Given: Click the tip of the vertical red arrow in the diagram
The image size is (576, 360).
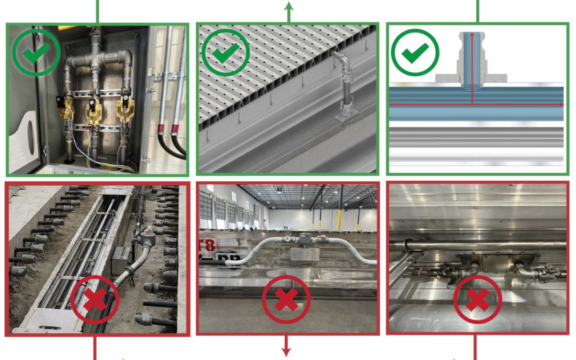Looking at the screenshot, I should coord(472,34).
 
